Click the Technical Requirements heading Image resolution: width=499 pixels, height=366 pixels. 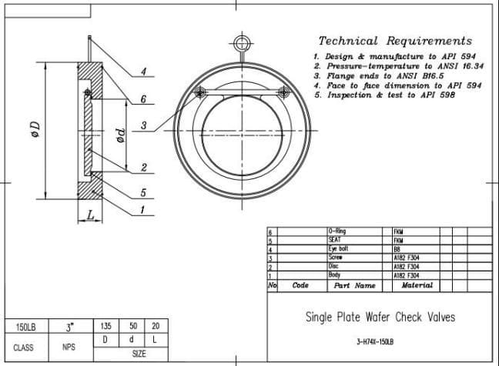(395, 41)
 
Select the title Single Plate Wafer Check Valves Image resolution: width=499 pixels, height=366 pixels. (380, 317)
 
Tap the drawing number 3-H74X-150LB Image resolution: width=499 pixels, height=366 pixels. (380, 341)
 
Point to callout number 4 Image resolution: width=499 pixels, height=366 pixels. (143, 72)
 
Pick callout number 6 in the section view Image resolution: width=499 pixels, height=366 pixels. (143, 98)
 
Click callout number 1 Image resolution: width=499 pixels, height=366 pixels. (143, 209)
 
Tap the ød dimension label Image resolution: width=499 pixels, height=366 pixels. (119, 137)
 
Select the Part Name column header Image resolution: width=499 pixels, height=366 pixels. (354, 285)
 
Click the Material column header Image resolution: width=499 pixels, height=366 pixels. (417, 285)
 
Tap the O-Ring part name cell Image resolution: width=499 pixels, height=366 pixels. (337, 231)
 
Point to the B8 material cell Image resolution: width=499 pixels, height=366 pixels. (398, 249)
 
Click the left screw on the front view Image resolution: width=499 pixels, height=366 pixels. (200, 92)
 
